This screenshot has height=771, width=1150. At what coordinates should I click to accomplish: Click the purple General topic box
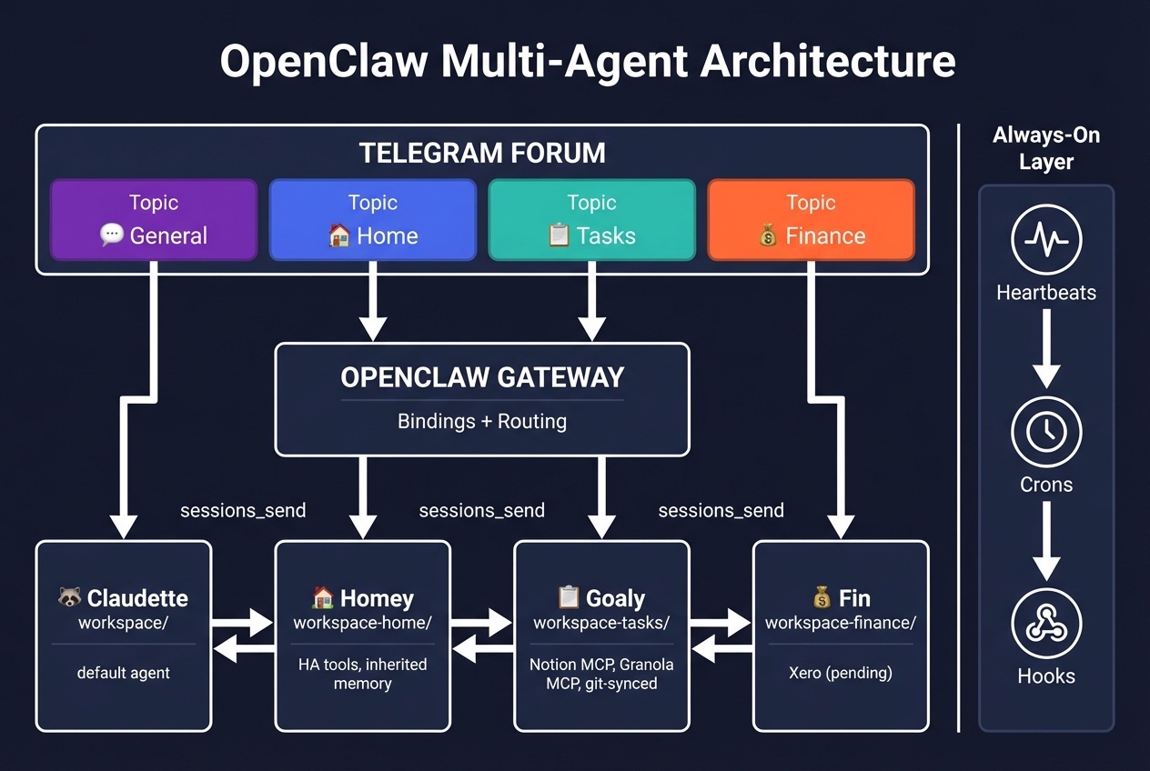(154, 220)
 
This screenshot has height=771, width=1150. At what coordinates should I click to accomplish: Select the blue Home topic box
(373, 220)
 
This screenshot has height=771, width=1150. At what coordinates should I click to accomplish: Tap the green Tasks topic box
(591, 220)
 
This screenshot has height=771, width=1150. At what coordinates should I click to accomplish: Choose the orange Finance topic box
(811, 220)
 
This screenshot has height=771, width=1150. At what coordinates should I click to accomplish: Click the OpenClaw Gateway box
(482, 398)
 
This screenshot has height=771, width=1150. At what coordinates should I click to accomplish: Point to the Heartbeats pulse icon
(1046, 240)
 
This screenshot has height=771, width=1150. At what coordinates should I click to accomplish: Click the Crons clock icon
(1046, 432)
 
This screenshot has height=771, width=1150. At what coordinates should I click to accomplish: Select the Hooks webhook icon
(1046, 624)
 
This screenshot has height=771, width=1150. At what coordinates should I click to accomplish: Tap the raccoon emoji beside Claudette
(69, 598)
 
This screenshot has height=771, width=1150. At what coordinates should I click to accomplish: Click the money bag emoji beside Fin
(822, 598)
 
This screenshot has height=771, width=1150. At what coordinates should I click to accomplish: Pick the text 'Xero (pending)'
(841, 674)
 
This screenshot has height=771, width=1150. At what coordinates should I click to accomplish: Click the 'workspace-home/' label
(362, 623)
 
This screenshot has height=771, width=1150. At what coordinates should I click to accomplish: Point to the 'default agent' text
(124, 674)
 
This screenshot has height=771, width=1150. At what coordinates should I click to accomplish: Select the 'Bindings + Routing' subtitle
(482, 422)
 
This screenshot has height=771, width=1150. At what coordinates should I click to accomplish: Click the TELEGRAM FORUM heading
(482, 153)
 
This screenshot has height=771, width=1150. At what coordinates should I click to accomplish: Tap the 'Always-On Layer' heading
(1046, 149)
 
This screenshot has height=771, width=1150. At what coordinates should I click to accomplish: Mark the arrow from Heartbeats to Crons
(1046, 348)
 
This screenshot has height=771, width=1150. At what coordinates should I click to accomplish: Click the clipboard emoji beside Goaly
(569, 598)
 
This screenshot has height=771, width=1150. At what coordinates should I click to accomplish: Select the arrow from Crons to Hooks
(1046, 540)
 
